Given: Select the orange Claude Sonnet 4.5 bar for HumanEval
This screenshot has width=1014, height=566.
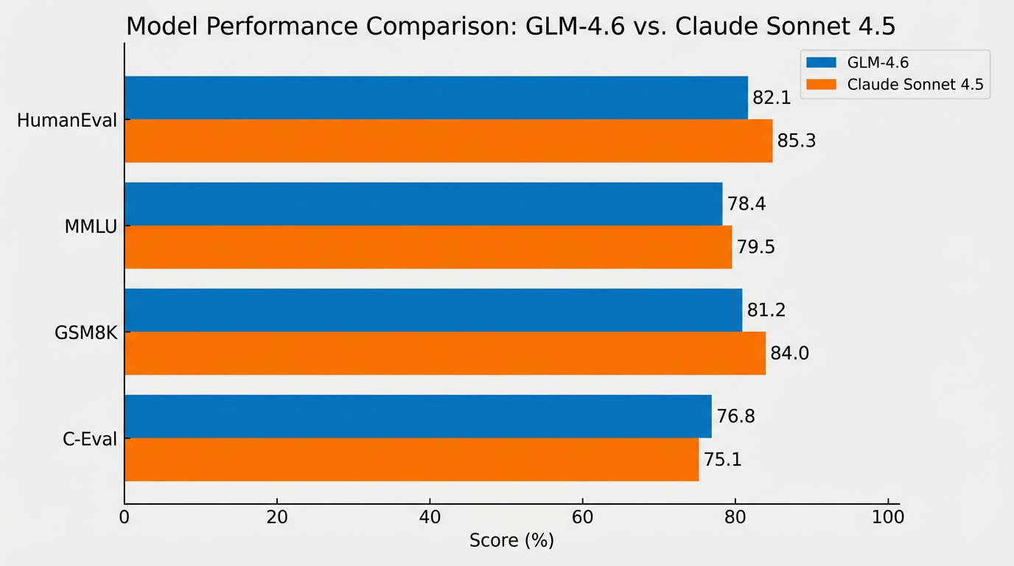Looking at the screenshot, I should (448, 141).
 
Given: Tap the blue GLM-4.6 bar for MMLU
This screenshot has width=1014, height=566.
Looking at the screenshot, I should (423, 203).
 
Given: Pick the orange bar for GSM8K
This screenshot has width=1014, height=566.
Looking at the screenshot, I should (445, 353).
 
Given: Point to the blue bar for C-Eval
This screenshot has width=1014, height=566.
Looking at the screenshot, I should (418, 416).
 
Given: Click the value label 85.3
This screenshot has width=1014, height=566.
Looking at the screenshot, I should (797, 141).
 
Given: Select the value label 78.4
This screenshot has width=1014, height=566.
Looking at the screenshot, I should (746, 203).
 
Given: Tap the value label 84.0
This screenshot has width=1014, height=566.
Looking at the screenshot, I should (789, 354).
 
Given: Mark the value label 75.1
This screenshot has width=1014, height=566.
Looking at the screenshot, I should (722, 460).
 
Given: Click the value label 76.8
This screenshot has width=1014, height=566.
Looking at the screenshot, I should (735, 416).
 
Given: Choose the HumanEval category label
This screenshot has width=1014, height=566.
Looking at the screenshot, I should (67, 120).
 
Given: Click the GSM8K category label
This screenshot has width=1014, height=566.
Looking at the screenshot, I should (86, 332).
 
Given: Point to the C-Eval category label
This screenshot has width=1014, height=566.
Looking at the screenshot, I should (89, 439).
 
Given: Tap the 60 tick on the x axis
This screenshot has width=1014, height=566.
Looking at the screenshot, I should (582, 517).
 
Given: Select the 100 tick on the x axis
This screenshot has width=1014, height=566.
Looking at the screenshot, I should (888, 517).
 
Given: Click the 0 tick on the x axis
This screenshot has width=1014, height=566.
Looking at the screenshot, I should (125, 517).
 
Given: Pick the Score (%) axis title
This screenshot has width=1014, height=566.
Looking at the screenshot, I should (511, 541).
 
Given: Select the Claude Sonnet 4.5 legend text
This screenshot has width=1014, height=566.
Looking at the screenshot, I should (915, 85).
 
